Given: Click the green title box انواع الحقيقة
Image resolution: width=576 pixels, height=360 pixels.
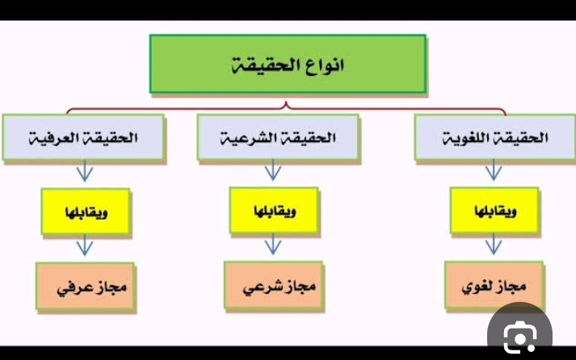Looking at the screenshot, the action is pyautogui.click(x=288, y=65).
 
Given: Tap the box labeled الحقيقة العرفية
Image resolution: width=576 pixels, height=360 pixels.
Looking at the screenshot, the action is pyautogui.click(x=83, y=137).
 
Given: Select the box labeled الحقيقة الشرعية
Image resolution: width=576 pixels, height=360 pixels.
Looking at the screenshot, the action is pyautogui.click(x=278, y=137).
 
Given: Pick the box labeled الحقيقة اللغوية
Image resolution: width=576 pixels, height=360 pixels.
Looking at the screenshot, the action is pyautogui.click(x=495, y=137).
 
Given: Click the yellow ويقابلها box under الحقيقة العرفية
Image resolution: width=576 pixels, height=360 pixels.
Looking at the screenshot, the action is pyautogui.click(x=86, y=211).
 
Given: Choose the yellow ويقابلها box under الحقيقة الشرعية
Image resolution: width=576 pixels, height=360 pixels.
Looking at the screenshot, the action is pyautogui.click(x=274, y=211).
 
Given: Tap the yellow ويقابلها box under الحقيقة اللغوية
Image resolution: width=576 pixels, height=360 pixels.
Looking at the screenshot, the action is pyautogui.click(x=494, y=211).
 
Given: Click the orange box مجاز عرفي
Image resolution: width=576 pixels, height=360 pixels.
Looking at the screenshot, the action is pyautogui.click(x=85, y=287).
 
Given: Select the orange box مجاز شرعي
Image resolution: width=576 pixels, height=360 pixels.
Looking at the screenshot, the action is pyautogui.click(x=274, y=286).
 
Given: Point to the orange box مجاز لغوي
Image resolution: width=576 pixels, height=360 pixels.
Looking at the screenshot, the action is pyautogui.click(x=494, y=286).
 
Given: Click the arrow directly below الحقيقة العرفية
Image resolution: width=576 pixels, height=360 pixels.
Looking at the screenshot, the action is pyautogui.click(x=85, y=170).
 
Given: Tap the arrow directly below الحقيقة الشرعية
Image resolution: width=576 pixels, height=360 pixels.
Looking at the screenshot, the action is pyautogui.click(x=273, y=170).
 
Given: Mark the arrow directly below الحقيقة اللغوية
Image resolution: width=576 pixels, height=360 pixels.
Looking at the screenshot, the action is pyautogui.click(x=494, y=170).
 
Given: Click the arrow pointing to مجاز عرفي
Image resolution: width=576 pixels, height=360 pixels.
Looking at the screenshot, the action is pyautogui.click(x=85, y=245).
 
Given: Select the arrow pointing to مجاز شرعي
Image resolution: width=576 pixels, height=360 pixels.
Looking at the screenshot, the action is pyautogui.click(x=273, y=244).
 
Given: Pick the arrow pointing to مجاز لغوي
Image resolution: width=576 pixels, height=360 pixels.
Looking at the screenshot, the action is pyautogui.click(x=494, y=244).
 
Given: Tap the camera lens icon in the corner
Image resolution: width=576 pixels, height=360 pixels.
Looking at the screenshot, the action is pyautogui.click(x=519, y=335).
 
